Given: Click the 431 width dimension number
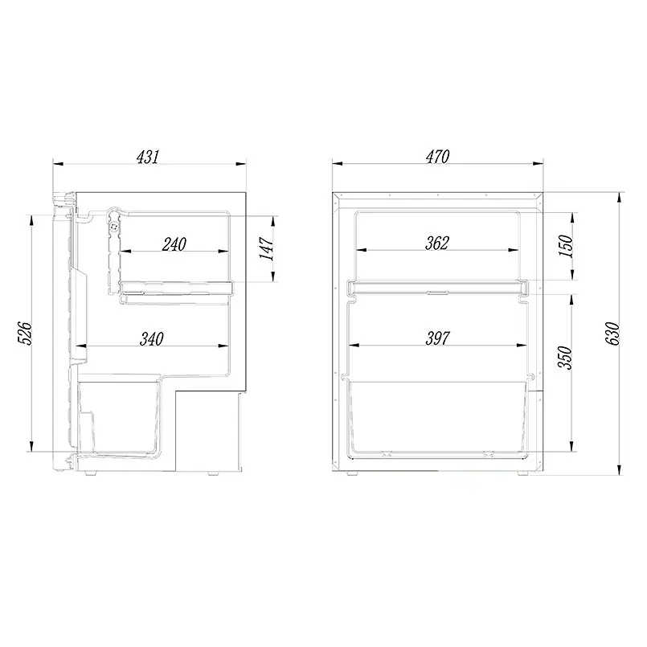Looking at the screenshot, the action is tap(147, 157).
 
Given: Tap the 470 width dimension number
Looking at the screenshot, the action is tap(437, 157).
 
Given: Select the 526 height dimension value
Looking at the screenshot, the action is tap(25, 334).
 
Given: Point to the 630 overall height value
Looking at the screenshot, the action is tap(612, 334).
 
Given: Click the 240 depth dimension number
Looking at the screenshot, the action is tap(174, 244).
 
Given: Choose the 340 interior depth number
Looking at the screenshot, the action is tap(152, 338).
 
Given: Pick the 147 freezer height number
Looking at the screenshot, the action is tap(267, 248).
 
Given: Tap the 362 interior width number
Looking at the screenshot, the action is tap(437, 243).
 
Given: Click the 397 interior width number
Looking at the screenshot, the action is tap(437, 338).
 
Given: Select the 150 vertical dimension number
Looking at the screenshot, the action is tap(566, 246).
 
